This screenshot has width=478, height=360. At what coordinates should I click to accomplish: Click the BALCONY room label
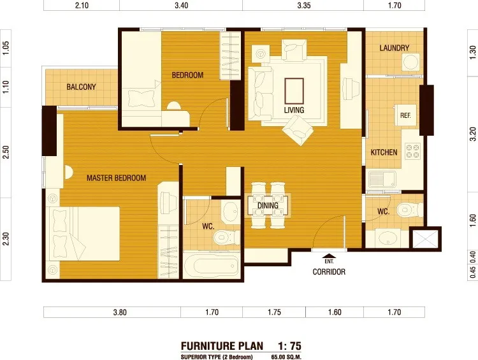pyautogui.click(x=81, y=87)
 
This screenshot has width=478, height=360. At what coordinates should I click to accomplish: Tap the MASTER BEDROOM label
pyautogui.click(x=116, y=178)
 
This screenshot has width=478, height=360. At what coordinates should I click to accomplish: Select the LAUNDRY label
pyautogui.click(x=394, y=48)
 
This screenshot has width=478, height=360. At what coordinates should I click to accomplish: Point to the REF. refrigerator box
pyautogui.click(x=405, y=115)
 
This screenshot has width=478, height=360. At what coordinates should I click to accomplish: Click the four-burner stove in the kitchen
pyautogui.click(x=412, y=151)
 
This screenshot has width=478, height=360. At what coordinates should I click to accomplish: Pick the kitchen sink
pyautogui.click(x=382, y=179)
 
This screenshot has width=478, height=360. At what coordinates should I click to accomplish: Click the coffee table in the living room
pyautogui.click(x=294, y=91)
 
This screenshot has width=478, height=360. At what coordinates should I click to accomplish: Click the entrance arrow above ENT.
pyautogui.click(x=329, y=256)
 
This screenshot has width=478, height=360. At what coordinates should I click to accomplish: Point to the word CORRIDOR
pyautogui.click(x=329, y=271)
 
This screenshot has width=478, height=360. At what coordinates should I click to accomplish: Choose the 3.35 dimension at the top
pyautogui.click(x=303, y=5)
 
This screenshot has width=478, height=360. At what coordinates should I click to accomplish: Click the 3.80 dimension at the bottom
pyautogui.click(x=120, y=312)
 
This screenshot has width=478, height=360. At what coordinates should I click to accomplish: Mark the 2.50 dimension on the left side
pyautogui.click(x=6, y=152)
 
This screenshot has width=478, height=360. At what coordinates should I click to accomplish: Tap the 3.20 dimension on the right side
pyautogui.click(x=473, y=134)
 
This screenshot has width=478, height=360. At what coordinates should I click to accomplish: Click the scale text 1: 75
pyautogui.click(x=289, y=346)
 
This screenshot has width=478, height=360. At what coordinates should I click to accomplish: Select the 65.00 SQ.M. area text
pyautogui.click(x=286, y=357)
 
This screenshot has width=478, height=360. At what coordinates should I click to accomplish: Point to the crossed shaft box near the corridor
pyautogui.click(x=425, y=239)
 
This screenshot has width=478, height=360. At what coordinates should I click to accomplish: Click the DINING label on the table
pyautogui.click(x=268, y=205)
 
